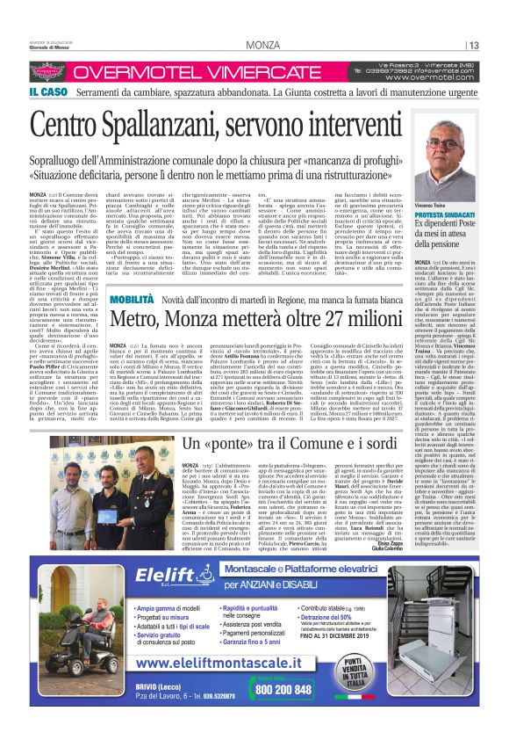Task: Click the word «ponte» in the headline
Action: coord(251,443)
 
